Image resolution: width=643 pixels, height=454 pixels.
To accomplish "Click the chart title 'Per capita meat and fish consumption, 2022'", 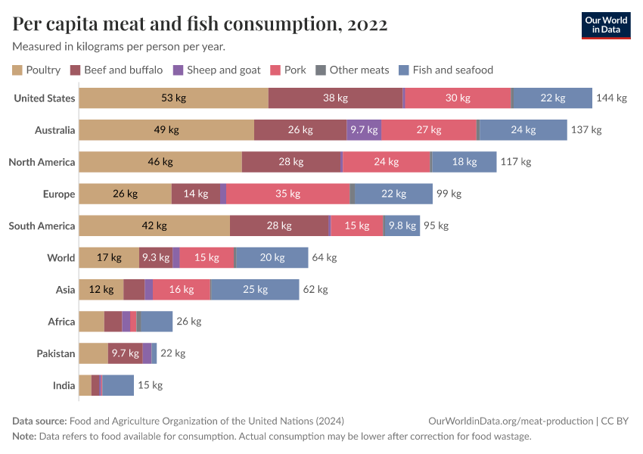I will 200,24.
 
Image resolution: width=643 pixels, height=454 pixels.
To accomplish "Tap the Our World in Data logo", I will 606,24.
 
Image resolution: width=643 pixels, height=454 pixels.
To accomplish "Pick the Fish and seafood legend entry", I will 446,70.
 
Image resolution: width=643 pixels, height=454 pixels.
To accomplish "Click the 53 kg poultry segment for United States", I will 173,98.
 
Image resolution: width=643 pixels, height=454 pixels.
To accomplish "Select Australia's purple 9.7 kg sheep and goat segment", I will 364,130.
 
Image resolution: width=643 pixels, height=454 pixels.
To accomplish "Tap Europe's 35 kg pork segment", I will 288,194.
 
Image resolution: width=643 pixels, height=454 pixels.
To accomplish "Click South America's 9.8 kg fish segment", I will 402,225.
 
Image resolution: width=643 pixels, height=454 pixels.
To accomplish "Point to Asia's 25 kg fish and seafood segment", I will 255,289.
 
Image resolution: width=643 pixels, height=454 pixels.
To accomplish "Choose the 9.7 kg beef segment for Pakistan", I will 125,353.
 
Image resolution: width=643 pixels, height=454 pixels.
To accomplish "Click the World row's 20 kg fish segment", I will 272,257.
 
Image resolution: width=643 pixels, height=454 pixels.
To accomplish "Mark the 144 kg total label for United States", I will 611,98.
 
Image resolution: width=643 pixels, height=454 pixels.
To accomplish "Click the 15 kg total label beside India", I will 150,385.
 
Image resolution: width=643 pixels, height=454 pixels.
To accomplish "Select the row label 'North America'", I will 42,162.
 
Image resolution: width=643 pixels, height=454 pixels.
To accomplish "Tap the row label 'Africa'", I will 61,322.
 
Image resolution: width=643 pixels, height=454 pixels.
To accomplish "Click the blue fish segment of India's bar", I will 118,385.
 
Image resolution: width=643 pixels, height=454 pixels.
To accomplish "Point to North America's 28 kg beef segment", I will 292,162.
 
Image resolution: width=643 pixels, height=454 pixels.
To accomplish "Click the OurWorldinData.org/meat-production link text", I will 510,421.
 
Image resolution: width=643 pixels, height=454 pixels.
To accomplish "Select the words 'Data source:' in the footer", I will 39,421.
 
